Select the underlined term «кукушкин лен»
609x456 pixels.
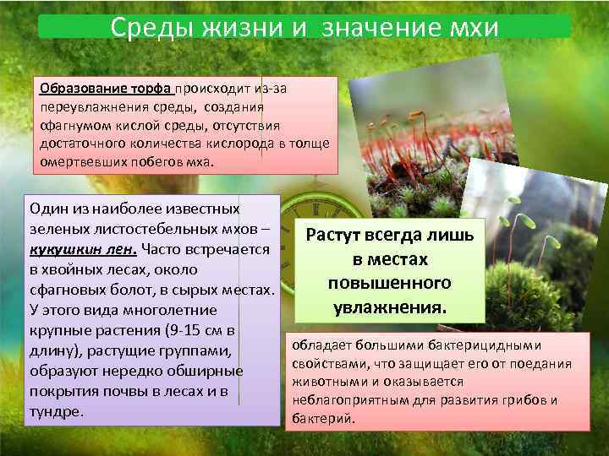click(83, 249)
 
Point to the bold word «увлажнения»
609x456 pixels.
click(389, 304)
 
